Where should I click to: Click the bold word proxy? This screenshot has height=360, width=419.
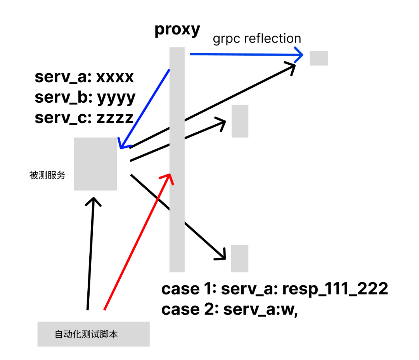(177, 30)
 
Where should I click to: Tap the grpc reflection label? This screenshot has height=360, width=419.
(257, 38)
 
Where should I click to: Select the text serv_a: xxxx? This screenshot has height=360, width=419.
(84, 77)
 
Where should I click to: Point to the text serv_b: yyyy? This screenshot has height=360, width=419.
(85, 97)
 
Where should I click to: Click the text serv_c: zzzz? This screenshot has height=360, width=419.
(84, 117)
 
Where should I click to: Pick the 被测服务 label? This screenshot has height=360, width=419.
(47, 175)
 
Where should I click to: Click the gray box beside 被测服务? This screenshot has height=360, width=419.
(95, 164)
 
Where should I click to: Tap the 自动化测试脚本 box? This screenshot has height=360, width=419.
(93, 334)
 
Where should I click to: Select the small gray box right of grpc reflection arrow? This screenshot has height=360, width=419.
(319, 58)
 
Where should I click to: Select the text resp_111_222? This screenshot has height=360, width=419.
(335, 289)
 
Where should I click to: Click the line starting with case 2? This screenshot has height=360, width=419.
(229, 309)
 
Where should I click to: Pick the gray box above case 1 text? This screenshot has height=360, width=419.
(239, 258)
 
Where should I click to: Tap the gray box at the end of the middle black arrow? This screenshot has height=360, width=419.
(240, 121)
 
